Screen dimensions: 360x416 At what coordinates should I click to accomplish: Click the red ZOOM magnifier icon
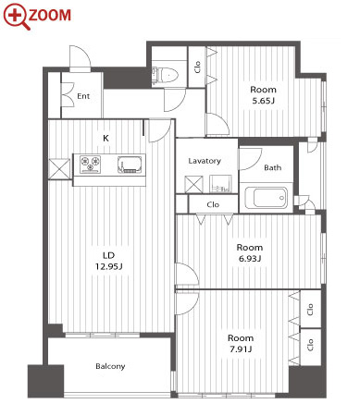(x=17, y=16)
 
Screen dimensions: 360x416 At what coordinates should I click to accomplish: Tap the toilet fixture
(x=165, y=75)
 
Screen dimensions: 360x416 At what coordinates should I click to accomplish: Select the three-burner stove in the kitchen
(x=90, y=165)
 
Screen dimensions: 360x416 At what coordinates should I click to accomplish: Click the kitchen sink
(x=131, y=165)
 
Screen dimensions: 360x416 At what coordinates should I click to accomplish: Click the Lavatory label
(x=205, y=161)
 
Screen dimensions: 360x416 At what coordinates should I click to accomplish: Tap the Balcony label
(x=110, y=366)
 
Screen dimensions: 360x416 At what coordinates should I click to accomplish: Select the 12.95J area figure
(x=109, y=266)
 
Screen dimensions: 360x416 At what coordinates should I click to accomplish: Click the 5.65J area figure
(x=263, y=101)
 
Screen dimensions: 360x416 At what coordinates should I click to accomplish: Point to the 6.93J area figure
(x=250, y=258)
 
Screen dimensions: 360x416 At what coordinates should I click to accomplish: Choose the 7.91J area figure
(x=241, y=349)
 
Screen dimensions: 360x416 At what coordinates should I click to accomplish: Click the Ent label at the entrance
(x=83, y=96)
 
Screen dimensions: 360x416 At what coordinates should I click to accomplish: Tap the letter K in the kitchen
(x=106, y=138)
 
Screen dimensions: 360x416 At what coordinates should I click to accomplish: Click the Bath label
(x=273, y=167)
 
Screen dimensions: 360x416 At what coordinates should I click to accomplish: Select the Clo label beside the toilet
(x=197, y=67)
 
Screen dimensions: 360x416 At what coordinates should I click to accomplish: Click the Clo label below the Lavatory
(x=213, y=204)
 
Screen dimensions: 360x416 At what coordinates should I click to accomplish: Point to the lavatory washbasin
(x=220, y=184)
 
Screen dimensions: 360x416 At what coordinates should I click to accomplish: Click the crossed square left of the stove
(x=59, y=169)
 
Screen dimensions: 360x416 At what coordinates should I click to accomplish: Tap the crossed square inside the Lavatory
(x=193, y=184)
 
